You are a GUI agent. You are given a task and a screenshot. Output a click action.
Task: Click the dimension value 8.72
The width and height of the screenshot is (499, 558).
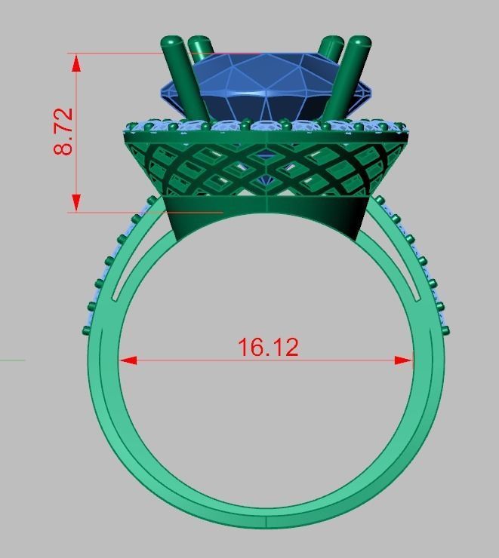point(63,132)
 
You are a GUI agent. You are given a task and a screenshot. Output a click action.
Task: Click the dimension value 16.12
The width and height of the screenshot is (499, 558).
point(268,348)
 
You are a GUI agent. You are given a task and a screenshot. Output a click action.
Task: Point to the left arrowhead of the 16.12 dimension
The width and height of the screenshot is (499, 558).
point(128,360)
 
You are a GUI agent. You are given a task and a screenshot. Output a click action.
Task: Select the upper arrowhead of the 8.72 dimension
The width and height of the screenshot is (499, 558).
point(76,62)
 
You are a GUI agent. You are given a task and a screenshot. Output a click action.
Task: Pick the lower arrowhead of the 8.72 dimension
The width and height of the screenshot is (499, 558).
point(76,202)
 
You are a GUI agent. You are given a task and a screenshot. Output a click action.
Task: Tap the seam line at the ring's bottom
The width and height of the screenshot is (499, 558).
point(266,523)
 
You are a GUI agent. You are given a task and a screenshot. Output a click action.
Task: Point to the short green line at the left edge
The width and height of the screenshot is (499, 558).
point(12,360)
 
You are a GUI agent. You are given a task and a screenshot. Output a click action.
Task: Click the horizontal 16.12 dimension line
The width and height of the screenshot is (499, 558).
point(189,360)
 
